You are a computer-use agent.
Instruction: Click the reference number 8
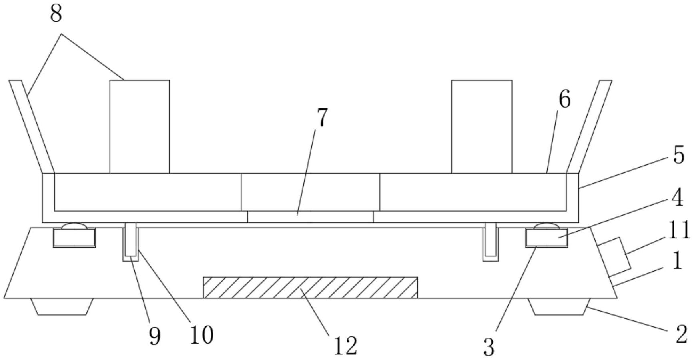pos(56,14)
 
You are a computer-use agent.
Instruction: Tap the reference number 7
pos(322,117)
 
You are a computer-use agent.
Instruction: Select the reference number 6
pos(564,99)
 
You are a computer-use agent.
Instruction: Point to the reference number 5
pos(679,155)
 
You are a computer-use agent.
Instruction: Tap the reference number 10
pos(201,335)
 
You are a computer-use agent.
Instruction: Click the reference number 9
pos(154,336)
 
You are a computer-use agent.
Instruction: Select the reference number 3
pos(489,347)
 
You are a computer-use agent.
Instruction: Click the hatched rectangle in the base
pos(310,288)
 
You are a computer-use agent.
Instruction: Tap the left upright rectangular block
pos(140,126)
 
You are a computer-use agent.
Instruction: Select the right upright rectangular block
pos(481,126)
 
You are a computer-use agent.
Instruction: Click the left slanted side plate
pos(31,126)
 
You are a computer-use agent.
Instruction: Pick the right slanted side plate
pos(589,126)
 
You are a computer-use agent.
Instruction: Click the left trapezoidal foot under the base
pos(62,306)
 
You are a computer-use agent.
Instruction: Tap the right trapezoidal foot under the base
pos(559,306)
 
